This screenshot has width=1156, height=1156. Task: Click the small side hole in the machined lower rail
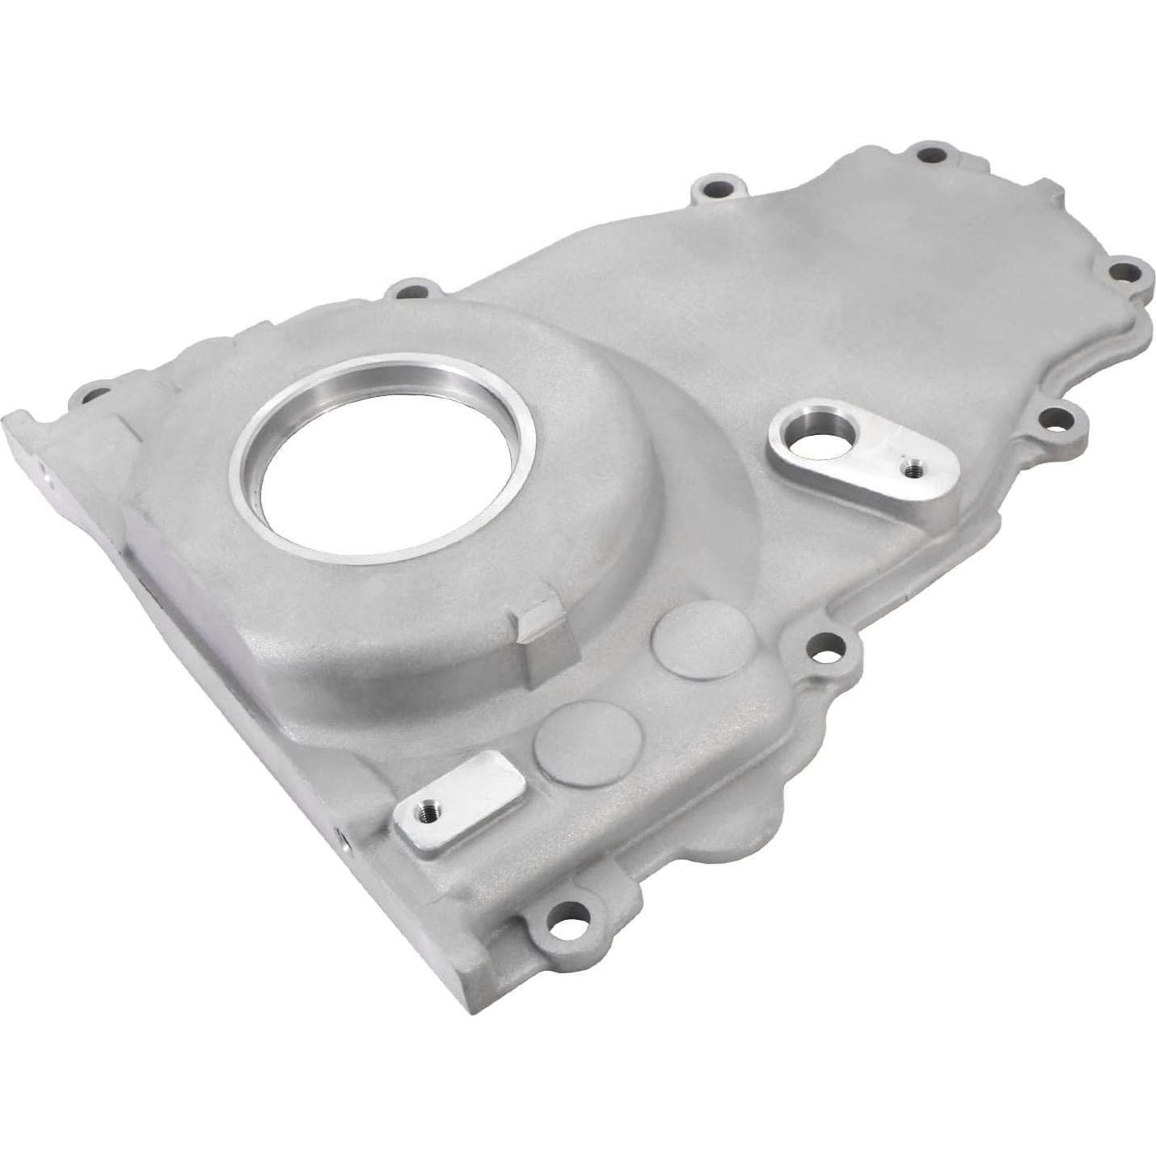(x=345, y=845)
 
